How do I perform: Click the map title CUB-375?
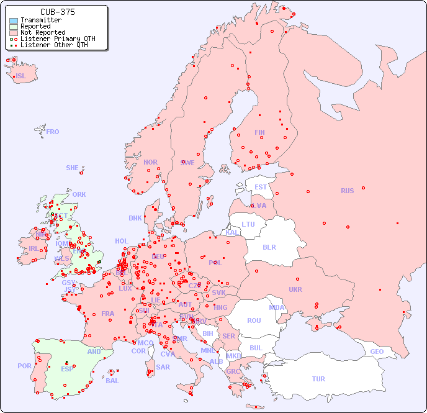point(57,12)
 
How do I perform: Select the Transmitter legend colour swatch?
point(14,20)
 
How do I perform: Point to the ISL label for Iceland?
point(21,76)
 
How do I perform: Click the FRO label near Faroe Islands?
point(53,132)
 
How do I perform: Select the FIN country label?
point(259,132)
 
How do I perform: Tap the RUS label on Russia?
point(347,191)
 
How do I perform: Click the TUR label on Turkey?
point(318,379)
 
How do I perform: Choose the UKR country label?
point(295,289)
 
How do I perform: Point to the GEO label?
point(377,352)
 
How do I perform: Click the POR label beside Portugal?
point(24,366)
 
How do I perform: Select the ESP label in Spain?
point(67,368)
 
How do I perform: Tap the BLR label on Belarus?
point(269,247)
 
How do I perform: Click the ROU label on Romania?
point(254,320)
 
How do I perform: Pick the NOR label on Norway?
point(150,162)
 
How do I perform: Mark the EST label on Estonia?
point(261,187)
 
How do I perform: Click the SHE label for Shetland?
point(73,168)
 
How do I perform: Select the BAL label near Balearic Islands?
point(112,381)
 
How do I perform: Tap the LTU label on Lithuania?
point(248,224)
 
